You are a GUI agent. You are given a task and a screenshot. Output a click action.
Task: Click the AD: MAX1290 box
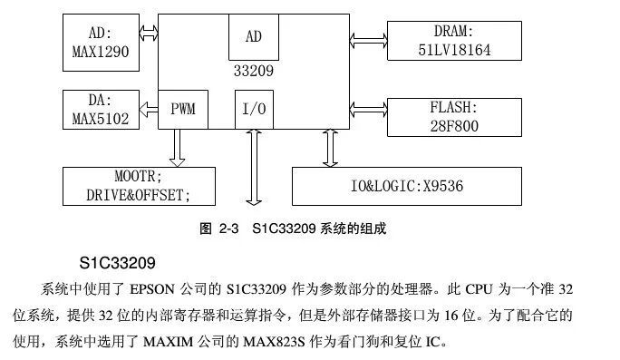click(x=102, y=44)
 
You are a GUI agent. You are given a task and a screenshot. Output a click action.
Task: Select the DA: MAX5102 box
click(x=102, y=109)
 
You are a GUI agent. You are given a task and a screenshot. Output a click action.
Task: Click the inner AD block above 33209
click(x=253, y=36)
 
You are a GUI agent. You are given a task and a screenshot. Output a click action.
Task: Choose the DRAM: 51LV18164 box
click(x=453, y=41)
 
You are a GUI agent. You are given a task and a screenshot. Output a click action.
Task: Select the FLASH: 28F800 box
click(x=453, y=116)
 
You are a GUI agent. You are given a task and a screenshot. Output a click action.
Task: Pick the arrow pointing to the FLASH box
click(x=368, y=114)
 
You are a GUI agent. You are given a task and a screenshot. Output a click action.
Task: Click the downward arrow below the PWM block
click(x=177, y=147)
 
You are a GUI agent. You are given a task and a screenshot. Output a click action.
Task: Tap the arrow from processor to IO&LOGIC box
click(x=329, y=148)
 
